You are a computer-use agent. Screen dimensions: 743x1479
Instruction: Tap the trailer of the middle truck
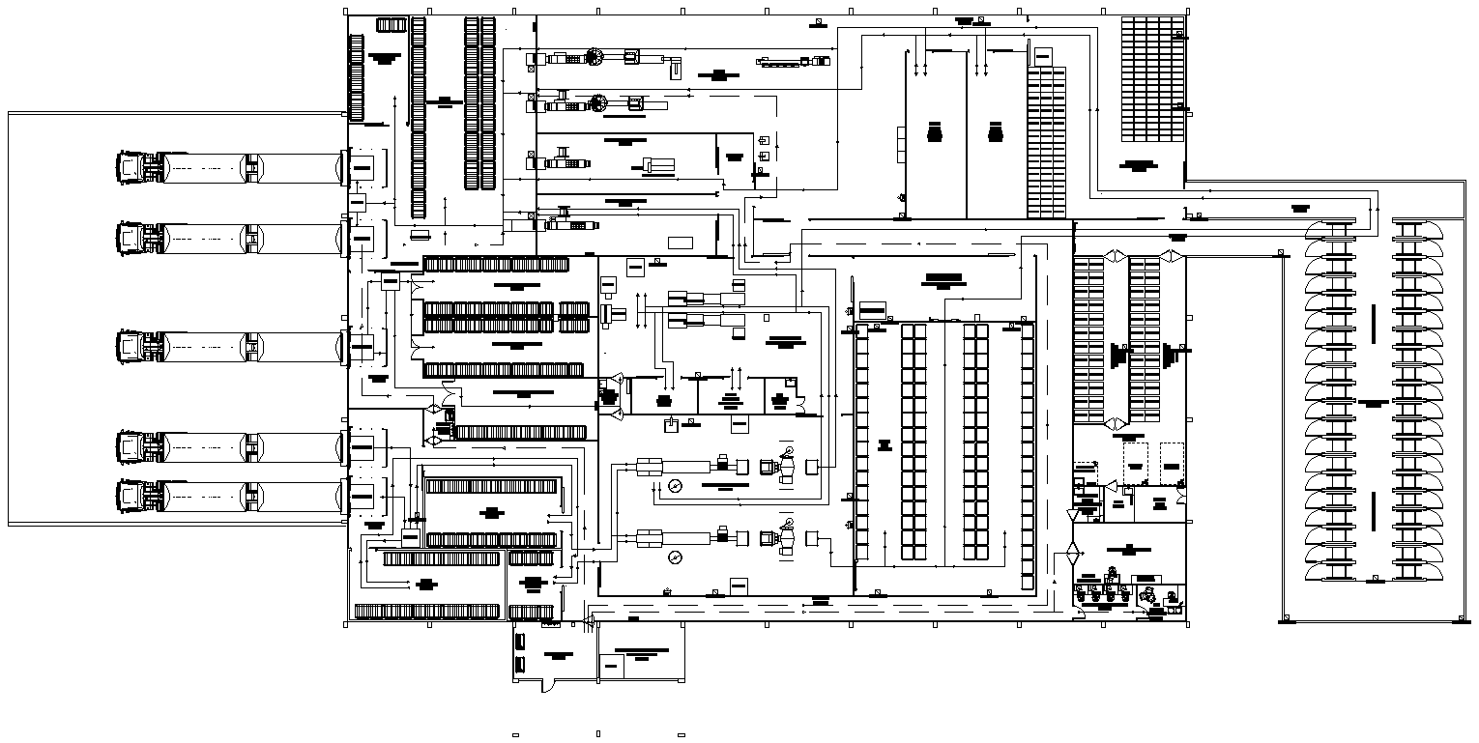coord(251,347)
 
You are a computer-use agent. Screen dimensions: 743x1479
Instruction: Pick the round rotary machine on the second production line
coord(598,101)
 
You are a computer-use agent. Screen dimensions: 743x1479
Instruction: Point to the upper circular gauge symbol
coord(675,486)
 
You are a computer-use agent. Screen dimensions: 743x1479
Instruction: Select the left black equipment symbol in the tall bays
coord(934,133)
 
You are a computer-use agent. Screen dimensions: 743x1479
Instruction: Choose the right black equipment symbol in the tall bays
coord(996,132)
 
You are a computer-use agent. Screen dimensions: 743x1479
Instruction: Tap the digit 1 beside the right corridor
coord(1186,213)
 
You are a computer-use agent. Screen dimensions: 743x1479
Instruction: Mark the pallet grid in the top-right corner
coord(1152,79)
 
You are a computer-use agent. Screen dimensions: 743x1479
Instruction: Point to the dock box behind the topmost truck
coord(362,167)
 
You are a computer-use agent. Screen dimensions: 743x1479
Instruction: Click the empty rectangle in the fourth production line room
coord(681,242)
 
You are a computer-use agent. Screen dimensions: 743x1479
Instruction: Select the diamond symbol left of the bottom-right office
coord(1072,555)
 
